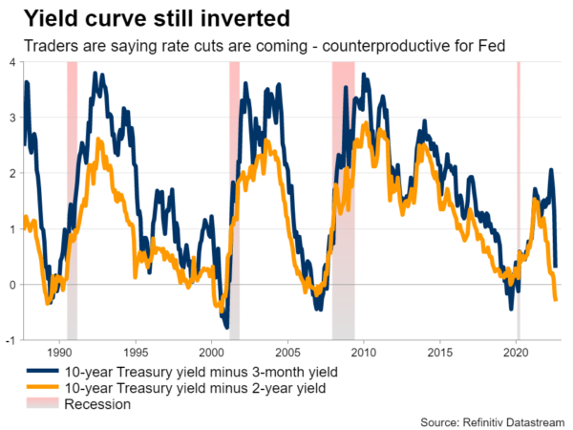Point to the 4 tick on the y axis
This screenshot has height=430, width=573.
(11, 62)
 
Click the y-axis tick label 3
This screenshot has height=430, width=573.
(11, 118)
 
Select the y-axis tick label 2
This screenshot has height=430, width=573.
(11, 173)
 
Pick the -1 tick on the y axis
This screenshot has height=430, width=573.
(10, 340)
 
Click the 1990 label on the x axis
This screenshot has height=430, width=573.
(60, 351)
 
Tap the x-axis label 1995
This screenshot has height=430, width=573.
(135, 351)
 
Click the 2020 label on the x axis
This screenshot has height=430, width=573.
(517, 351)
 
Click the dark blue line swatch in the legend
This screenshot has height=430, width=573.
(39, 372)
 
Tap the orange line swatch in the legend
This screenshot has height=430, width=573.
(39, 388)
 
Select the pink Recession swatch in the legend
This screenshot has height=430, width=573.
(39, 404)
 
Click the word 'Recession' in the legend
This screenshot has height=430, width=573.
(96, 404)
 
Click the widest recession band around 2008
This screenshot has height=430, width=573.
(343, 191)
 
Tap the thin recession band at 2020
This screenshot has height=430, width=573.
(518, 191)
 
